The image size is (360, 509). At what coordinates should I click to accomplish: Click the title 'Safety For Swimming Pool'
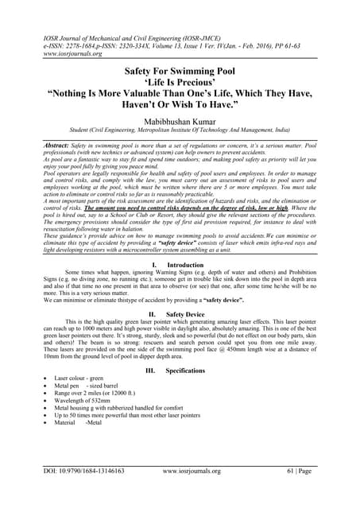point(180,71)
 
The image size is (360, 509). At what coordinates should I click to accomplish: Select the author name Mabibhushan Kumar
point(180,122)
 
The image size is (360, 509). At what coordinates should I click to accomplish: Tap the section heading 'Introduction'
point(185,264)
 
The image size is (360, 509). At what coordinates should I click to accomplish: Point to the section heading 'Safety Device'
point(184,314)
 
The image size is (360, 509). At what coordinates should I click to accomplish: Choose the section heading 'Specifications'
point(185,371)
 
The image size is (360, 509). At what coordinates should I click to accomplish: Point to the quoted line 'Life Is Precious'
point(180,81)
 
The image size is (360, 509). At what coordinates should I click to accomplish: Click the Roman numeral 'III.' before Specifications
point(151,371)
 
